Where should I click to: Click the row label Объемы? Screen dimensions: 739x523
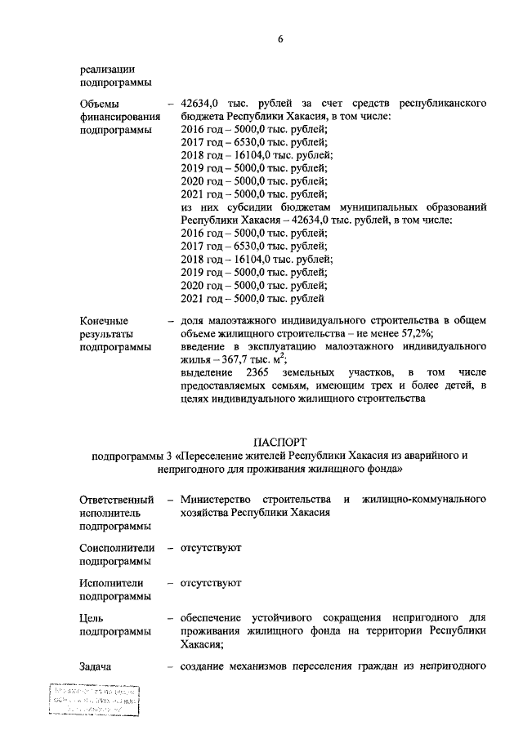[99, 104]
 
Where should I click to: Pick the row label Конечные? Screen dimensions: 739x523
[104, 321]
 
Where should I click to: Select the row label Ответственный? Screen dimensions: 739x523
[117, 499]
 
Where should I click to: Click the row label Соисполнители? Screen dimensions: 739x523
[118, 547]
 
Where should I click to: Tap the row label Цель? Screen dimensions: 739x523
[92, 618]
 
